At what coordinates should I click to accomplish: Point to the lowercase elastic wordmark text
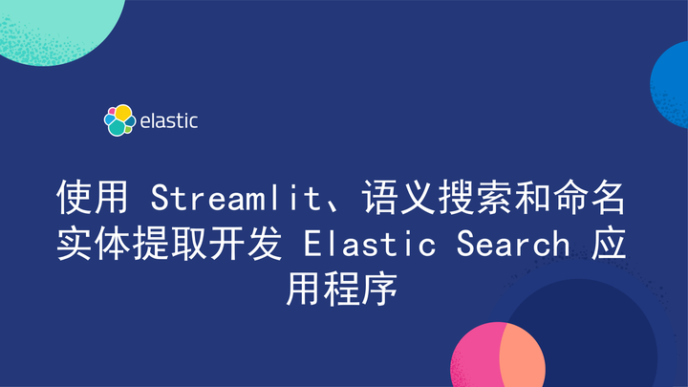(169, 122)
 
